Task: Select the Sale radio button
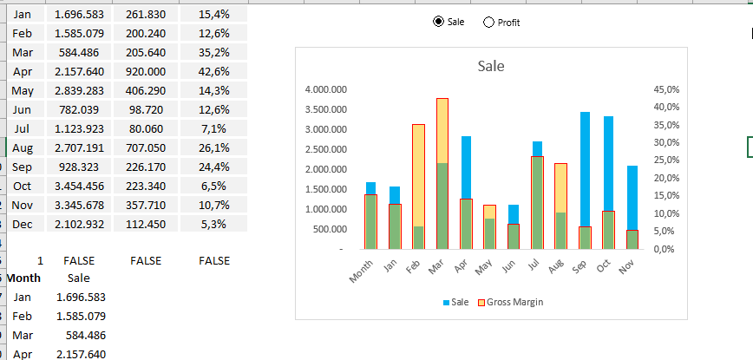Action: coord(438,23)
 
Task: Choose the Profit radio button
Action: coord(488,23)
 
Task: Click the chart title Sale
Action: coord(491,66)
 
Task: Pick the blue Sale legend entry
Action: coord(458,302)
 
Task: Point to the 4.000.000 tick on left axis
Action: coord(327,89)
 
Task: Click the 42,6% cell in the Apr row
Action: coord(213,71)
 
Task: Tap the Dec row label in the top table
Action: coord(23,224)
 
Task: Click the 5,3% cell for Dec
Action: coord(213,224)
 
